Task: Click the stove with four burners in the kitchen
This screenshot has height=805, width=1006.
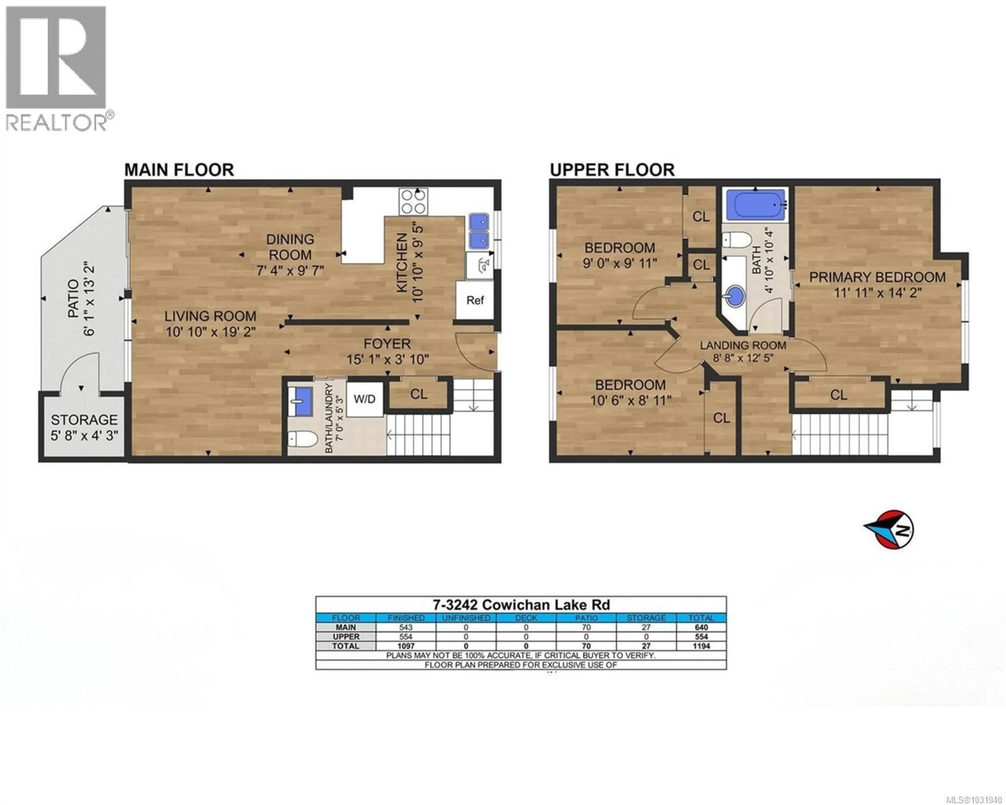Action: coord(413,202)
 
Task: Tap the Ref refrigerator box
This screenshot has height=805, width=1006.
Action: coord(475,300)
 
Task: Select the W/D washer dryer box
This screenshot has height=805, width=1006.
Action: coord(364,399)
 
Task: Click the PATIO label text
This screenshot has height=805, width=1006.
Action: coord(74,292)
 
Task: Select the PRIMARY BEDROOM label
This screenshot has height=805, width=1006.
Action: coord(877,277)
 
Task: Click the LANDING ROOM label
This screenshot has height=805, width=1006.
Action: coord(743,345)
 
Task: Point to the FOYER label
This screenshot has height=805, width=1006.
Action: coord(387,344)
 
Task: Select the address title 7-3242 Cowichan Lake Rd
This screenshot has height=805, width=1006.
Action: coord(521,605)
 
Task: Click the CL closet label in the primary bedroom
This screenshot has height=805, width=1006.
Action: coord(839,395)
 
